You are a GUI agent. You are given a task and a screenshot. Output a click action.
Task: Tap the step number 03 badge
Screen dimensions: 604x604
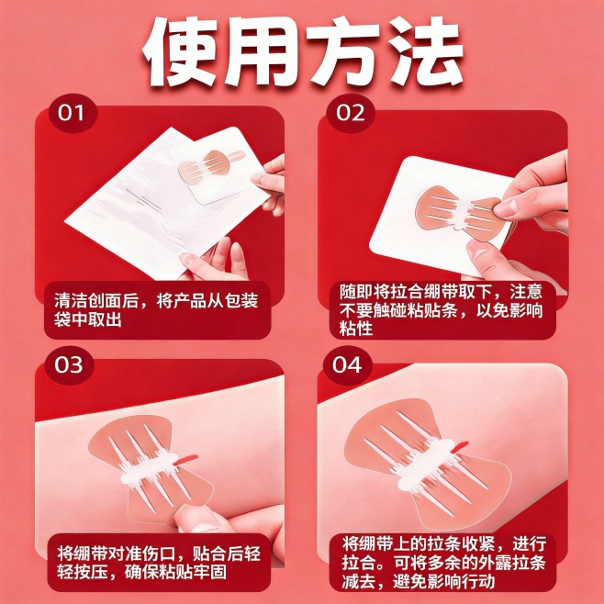pyautogui.click(x=69, y=364)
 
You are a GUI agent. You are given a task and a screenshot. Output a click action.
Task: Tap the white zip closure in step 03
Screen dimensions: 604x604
pyautogui.click(x=151, y=466)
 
